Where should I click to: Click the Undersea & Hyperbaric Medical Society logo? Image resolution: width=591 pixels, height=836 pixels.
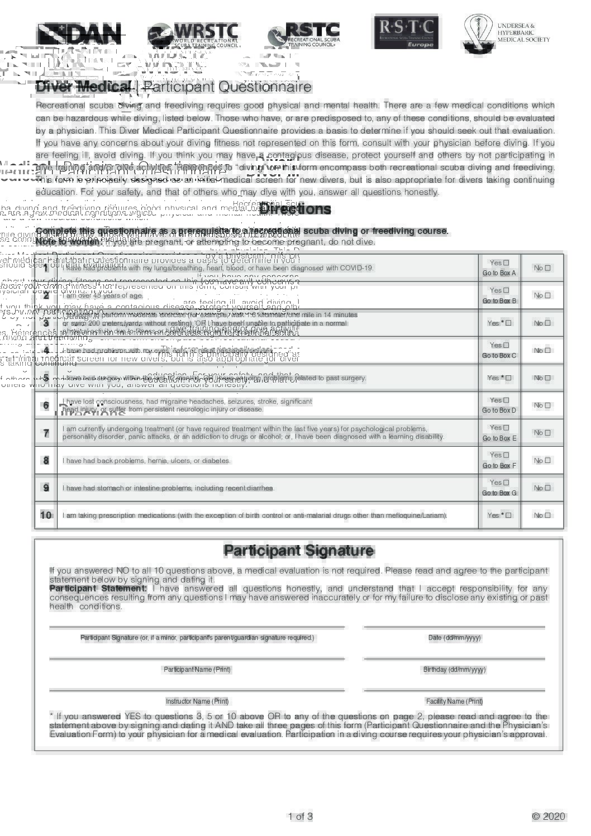tap(506, 34)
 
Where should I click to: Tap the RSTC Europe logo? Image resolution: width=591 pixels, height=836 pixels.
tap(406, 33)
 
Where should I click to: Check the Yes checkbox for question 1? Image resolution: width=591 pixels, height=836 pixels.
tap(506, 262)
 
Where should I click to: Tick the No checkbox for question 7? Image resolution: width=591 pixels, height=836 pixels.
tap(547, 433)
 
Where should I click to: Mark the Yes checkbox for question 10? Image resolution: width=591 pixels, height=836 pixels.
tap(508, 515)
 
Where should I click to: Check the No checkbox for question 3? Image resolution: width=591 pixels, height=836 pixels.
tap(547, 323)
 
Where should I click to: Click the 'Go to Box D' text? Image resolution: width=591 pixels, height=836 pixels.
tap(499, 410)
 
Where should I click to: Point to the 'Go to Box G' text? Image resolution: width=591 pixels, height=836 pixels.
tap(499, 493)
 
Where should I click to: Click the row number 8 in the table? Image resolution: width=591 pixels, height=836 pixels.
tap(46, 461)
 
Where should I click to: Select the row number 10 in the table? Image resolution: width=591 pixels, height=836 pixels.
tap(46, 515)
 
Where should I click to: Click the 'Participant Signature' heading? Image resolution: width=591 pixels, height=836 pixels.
tap(298, 551)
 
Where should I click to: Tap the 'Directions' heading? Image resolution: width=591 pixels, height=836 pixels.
tap(295, 209)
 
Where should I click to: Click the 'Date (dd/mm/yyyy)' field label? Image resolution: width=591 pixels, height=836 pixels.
tap(454, 638)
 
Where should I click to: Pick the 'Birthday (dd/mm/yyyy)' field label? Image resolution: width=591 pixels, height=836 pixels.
tap(454, 670)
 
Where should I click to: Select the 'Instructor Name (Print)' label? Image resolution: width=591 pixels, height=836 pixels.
tap(197, 701)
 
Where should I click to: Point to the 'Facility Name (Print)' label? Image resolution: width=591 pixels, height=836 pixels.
tap(454, 701)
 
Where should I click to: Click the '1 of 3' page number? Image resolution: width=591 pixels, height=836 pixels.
tap(301, 816)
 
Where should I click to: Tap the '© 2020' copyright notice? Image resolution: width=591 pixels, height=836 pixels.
tap(549, 816)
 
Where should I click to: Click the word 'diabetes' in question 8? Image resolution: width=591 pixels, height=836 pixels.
tap(217, 461)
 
